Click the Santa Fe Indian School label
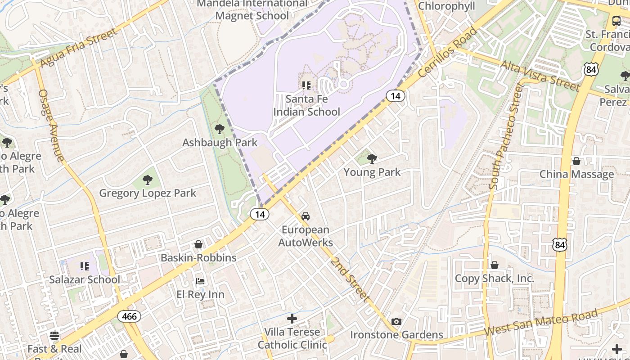(x=306, y=105)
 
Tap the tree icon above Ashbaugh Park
(x=220, y=130)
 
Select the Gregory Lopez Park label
(x=148, y=193)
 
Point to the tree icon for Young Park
(x=372, y=158)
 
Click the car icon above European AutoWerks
(x=306, y=216)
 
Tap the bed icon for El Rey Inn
(x=200, y=281)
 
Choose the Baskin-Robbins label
(x=198, y=258)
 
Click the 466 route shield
(x=129, y=316)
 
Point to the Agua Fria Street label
(x=79, y=48)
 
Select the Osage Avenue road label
(x=50, y=126)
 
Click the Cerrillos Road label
(x=448, y=53)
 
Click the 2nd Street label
(x=350, y=279)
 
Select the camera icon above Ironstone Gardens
(x=396, y=321)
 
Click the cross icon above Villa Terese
(x=292, y=319)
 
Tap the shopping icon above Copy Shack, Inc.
(x=494, y=265)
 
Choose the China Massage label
(x=576, y=174)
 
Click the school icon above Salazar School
(x=84, y=267)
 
